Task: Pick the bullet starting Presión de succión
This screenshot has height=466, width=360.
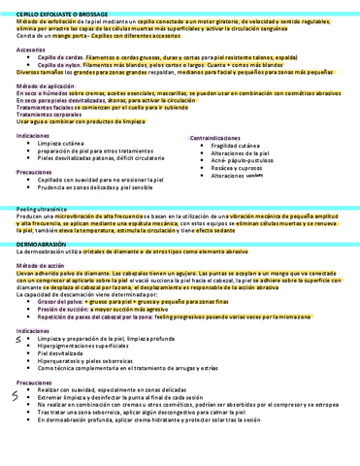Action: [x=107, y=308]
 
